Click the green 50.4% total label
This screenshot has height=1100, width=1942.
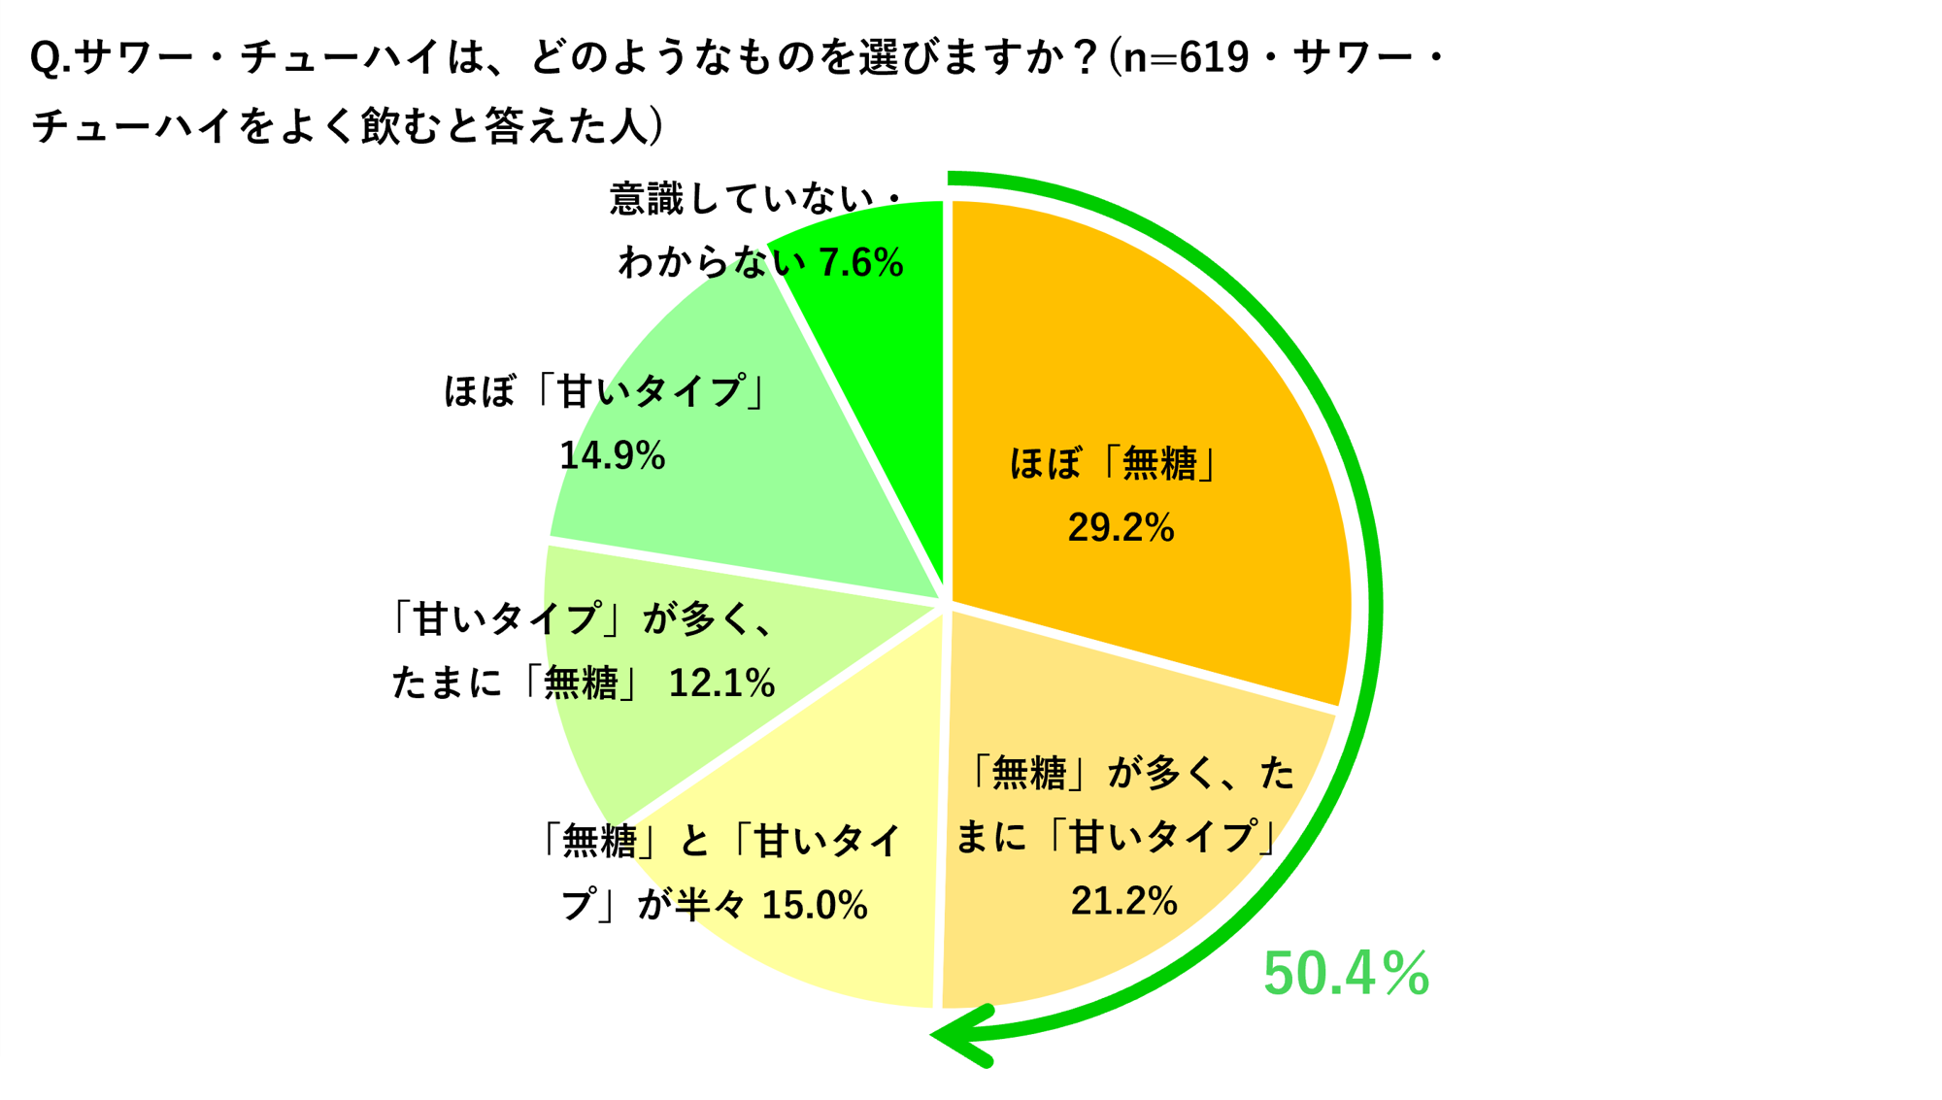click(1346, 973)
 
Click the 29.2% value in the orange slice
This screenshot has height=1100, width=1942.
click(1121, 527)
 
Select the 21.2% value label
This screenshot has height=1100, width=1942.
click(1123, 901)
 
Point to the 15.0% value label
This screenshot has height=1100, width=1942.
click(814, 905)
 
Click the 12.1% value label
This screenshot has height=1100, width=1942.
click(721, 683)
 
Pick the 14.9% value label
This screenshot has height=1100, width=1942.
click(612, 455)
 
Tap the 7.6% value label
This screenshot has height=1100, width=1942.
click(860, 263)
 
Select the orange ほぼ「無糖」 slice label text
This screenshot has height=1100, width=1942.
click(1115, 463)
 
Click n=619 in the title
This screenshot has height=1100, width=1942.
click(1186, 58)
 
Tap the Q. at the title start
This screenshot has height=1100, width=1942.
click(50, 59)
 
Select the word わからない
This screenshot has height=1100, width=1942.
click(712, 263)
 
